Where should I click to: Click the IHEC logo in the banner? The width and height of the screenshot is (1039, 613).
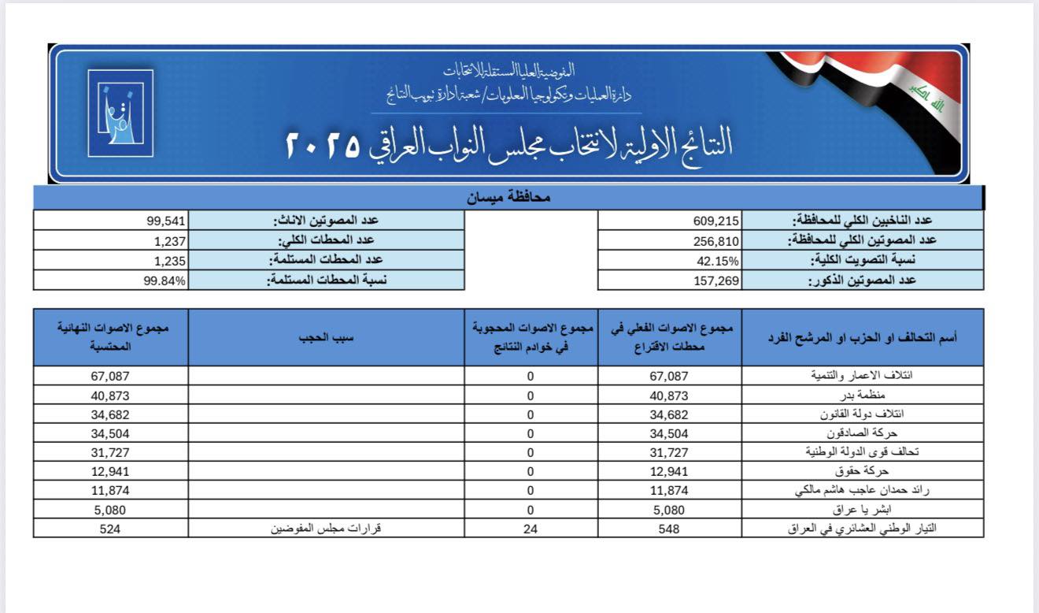(x=120, y=113)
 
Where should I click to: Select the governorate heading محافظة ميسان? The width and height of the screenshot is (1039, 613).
(x=508, y=198)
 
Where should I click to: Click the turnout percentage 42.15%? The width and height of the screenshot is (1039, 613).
(x=719, y=261)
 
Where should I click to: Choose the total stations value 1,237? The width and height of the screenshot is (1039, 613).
(x=170, y=241)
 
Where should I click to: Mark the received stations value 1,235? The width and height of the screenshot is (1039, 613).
(x=170, y=261)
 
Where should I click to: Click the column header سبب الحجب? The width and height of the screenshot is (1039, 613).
(x=327, y=337)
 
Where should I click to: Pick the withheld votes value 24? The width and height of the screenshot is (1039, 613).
(x=531, y=529)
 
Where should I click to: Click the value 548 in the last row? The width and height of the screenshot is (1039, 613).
(x=669, y=529)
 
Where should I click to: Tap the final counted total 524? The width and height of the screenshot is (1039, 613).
(x=109, y=529)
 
